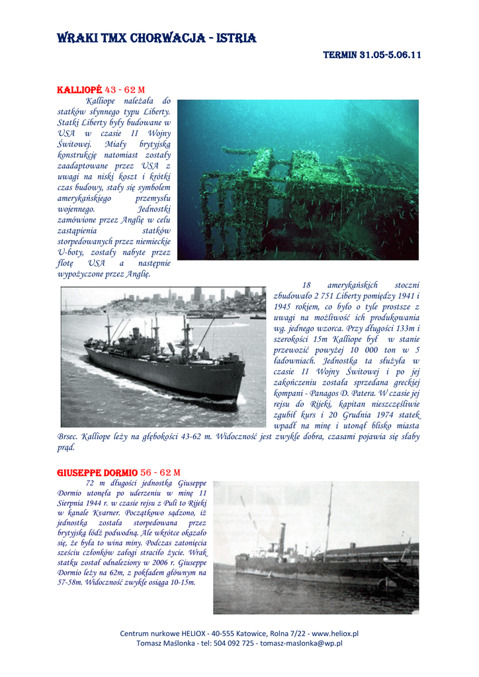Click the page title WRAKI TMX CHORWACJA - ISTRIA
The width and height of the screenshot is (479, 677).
click(157, 38)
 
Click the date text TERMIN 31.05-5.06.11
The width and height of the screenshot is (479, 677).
click(372, 56)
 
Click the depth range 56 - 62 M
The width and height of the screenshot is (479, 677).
click(160, 473)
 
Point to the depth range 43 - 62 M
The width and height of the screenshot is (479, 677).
click(125, 89)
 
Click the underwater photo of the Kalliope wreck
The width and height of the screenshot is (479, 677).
click(298, 179)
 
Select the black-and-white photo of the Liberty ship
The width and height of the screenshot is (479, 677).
click(163, 356)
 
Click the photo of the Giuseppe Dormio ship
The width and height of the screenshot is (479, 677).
click(316, 547)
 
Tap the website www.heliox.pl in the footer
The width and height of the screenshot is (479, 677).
click(335, 633)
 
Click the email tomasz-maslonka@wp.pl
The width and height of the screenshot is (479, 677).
click(301, 643)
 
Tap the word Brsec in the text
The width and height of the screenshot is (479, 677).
click(68, 436)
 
